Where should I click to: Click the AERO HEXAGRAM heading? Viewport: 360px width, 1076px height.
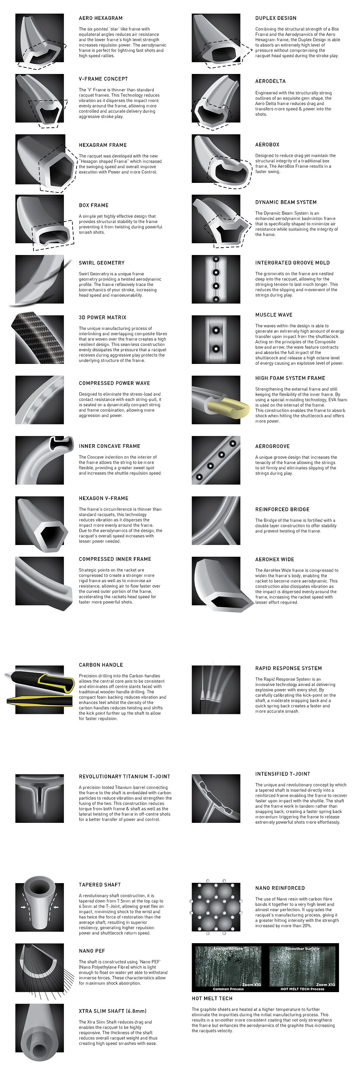click(x=101, y=18)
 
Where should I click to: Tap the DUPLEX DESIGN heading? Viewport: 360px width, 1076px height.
click(x=276, y=18)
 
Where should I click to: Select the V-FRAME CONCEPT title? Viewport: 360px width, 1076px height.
click(x=103, y=79)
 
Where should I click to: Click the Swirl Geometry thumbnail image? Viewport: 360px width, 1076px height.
click(x=40, y=279)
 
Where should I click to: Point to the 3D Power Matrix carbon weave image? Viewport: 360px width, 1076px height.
click(x=40, y=339)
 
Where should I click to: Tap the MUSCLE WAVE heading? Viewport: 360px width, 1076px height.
click(x=274, y=315)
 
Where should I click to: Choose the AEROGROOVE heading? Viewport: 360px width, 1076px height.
click(x=272, y=446)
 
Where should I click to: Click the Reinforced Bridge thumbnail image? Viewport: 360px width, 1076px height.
click(x=216, y=520)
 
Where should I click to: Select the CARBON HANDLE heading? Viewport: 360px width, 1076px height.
click(x=101, y=665)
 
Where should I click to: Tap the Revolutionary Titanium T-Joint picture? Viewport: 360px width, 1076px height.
click(x=40, y=798)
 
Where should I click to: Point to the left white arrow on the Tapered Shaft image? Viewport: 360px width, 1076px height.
click(x=24, y=907)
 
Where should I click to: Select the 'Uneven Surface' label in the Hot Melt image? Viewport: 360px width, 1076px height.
click(x=228, y=949)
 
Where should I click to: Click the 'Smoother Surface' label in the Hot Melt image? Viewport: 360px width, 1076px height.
click(x=302, y=949)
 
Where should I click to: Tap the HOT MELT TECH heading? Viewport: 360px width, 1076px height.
click(x=212, y=998)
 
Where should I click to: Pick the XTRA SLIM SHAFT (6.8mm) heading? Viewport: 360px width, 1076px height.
click(x=113, y=1011)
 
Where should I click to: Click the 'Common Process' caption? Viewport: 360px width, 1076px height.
click(x=228, y=989)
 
